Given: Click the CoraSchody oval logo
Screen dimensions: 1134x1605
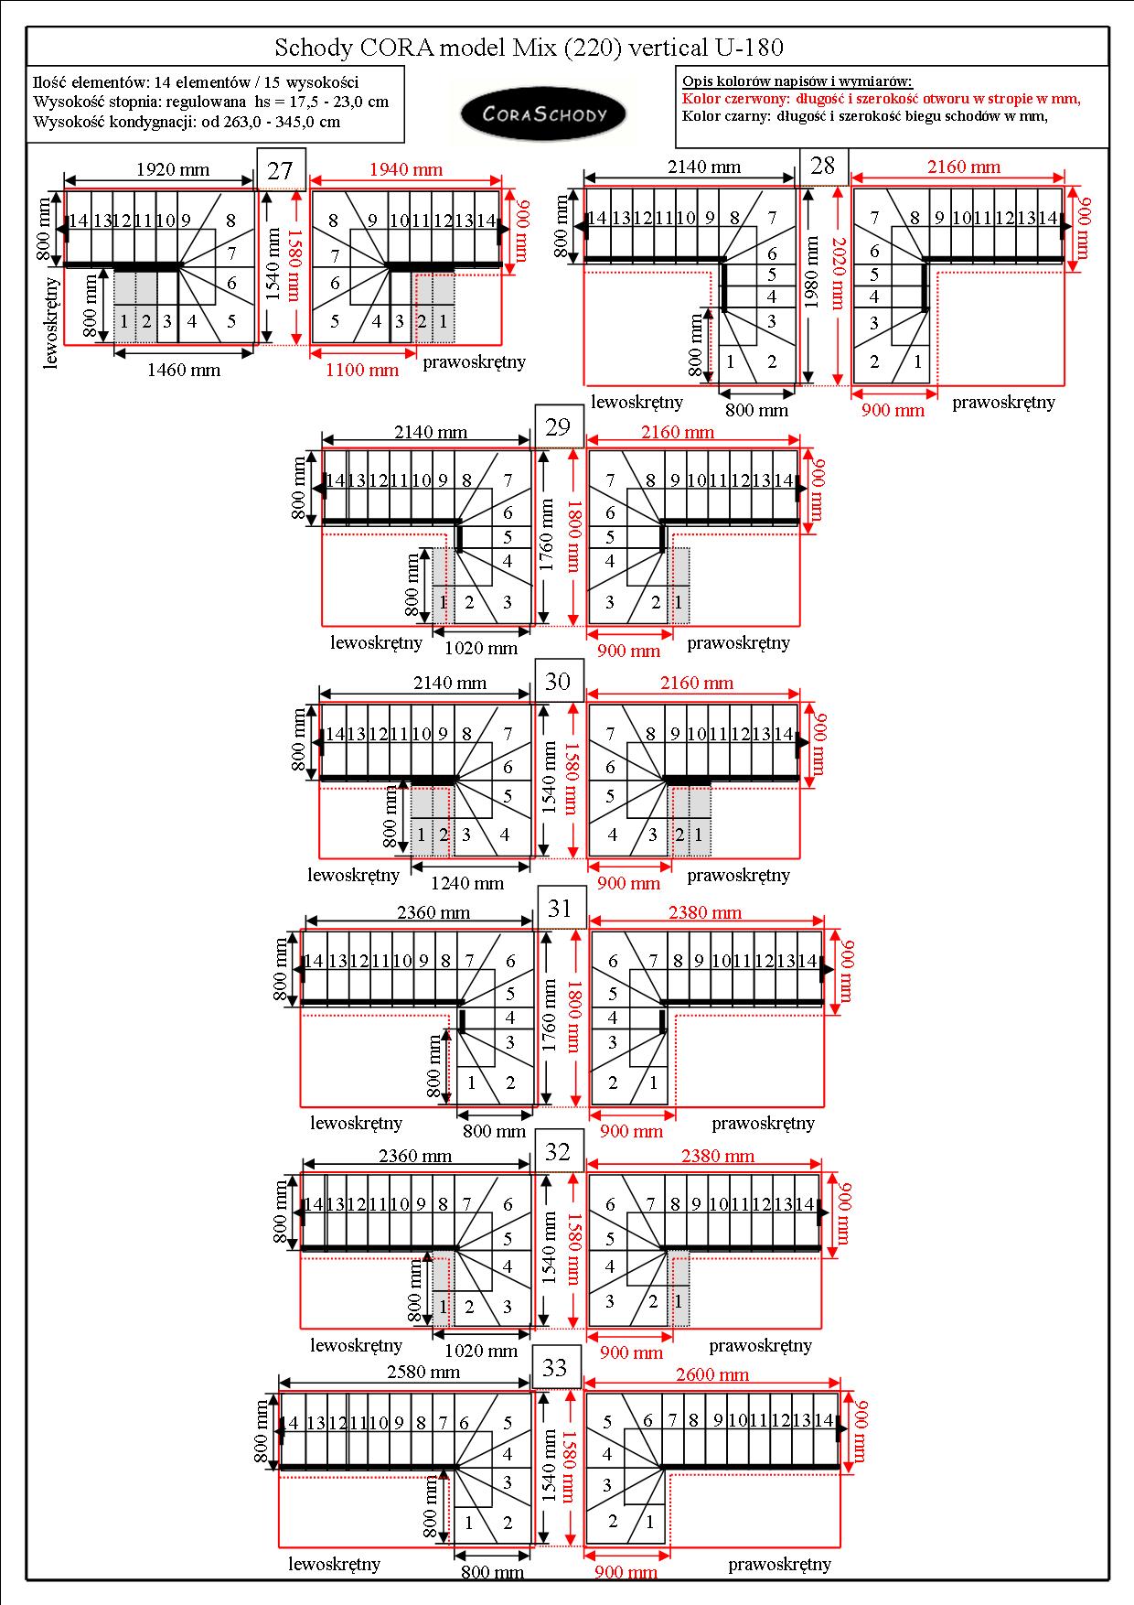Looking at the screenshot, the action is click(543, 114).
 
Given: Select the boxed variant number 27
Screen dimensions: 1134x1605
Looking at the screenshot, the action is click(280, 170).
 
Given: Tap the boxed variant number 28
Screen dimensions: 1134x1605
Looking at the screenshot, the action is click(823, 166).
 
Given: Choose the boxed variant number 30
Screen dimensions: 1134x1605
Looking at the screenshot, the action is click(558, 681).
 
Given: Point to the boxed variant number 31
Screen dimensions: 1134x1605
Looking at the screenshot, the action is click(560, 908).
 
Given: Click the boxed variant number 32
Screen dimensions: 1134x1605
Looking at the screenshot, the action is click(558, 1151).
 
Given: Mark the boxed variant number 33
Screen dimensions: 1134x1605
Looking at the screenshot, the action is click(555, 1368).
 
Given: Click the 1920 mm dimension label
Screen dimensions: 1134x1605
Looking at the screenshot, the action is click(173, 169).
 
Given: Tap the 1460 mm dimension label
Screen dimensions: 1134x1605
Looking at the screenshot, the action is click(184, 371).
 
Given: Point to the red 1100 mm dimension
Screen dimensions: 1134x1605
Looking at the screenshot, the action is click(362, 371).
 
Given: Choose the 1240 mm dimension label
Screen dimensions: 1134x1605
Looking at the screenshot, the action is click(467, 883).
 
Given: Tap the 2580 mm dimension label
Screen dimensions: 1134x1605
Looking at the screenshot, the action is click(423, 1373).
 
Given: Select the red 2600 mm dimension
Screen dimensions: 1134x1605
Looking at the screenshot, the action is click(712, 1374).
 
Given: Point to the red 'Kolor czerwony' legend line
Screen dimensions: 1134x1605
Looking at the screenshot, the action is click(882, 99).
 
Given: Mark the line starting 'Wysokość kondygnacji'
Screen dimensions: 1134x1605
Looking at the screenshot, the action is click(187, 122).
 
